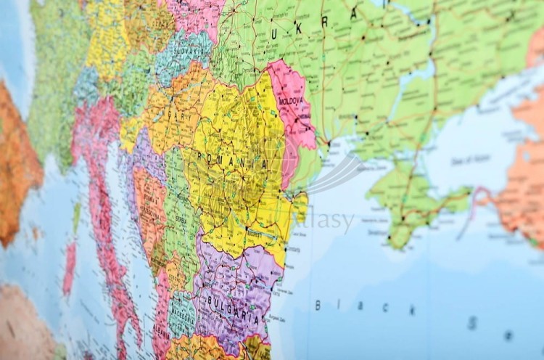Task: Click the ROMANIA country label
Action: coord(234,161)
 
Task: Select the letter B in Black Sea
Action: coord(318,305)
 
